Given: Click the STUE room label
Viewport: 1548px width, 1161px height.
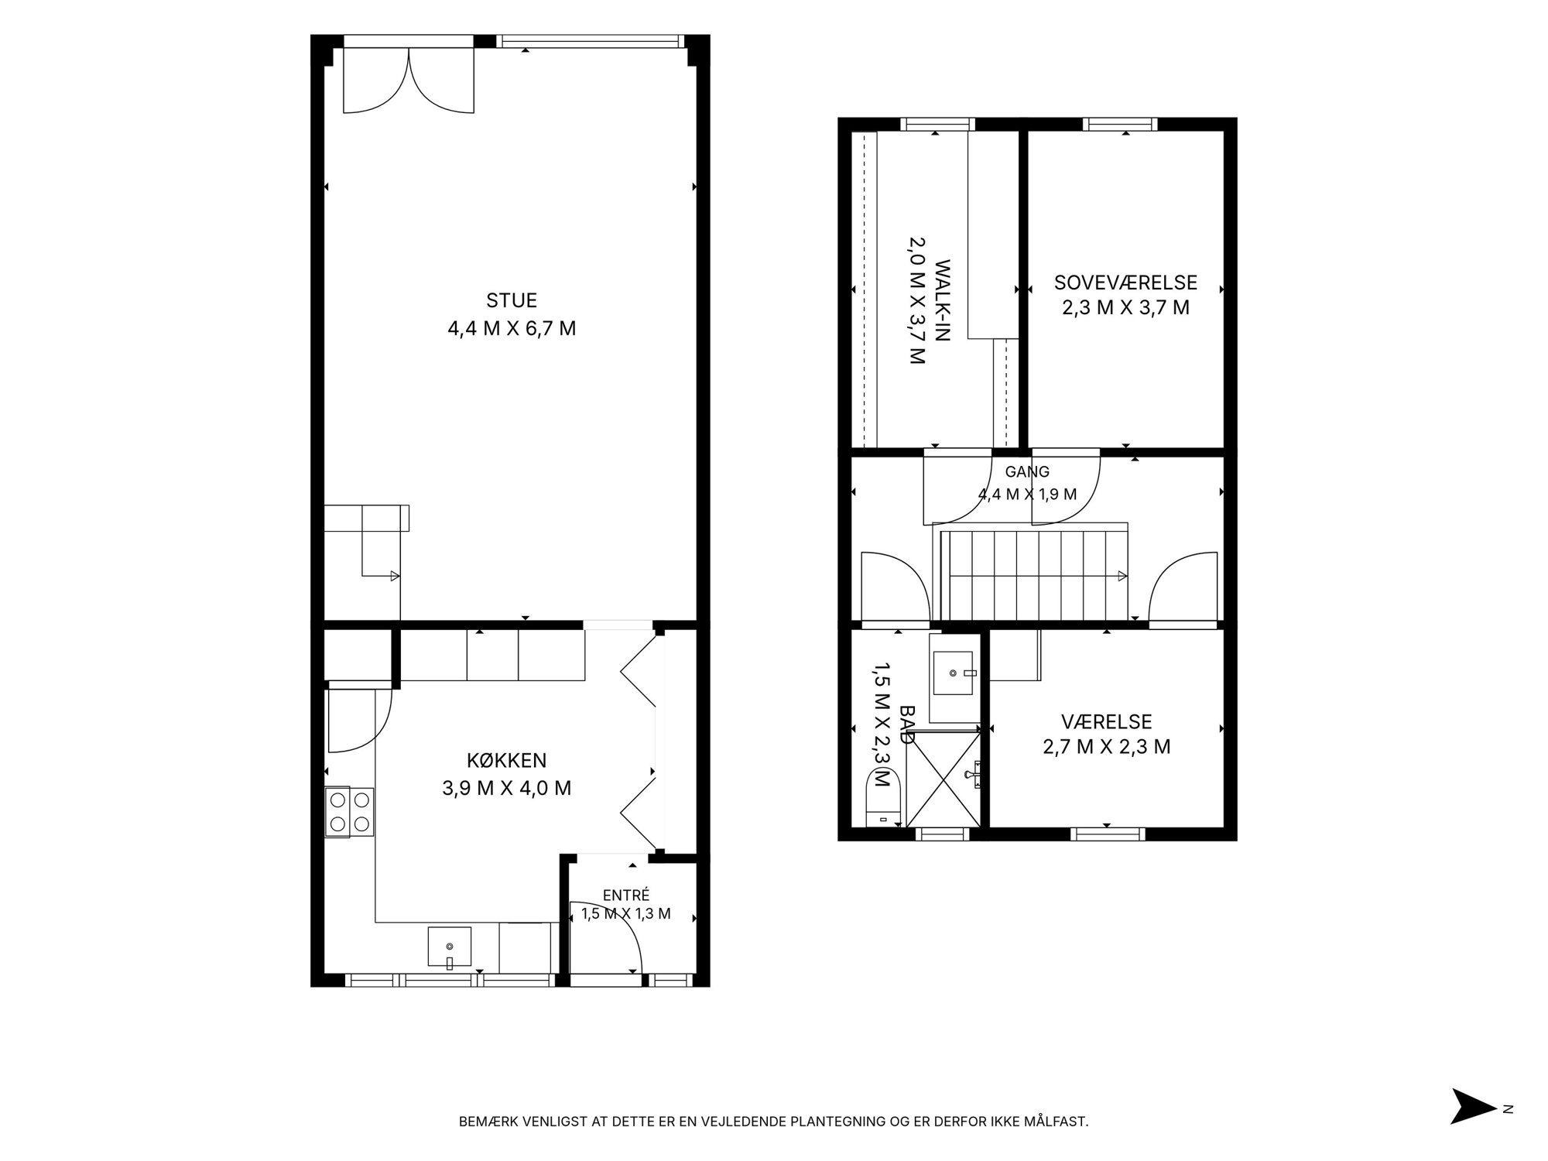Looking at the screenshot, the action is click(x=512, y=300).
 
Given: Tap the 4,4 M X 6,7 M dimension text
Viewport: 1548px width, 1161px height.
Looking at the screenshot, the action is click(x=512, y=329).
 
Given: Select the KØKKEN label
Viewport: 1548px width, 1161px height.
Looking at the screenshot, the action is click(x=507, y=760).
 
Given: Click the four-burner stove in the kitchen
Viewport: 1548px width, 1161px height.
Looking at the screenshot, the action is click(x=350, y=812).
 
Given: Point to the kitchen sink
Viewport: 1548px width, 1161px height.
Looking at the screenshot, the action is click(x=449, y=947).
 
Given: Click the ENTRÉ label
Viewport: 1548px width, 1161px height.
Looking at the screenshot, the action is click(x=626, y=896).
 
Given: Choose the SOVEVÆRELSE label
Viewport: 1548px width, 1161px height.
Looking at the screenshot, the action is click(x=1125, y=283).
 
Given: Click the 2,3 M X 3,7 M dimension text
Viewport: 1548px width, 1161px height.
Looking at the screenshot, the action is click(x=1125, y=308).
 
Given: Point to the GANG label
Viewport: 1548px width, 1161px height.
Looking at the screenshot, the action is click(x=1027, y=471).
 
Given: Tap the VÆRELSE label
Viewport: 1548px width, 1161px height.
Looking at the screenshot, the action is click(x=1107, y=722).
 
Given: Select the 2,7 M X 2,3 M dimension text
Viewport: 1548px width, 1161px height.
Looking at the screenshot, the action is click(x=1107, y=747).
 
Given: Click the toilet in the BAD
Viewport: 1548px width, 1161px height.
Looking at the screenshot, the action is click(x=883, y=797).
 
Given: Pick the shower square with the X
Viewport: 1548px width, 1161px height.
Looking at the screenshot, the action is click(x=943, y=778).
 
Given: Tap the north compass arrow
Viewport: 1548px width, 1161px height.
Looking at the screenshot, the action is click(x=1473, y=1128).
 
